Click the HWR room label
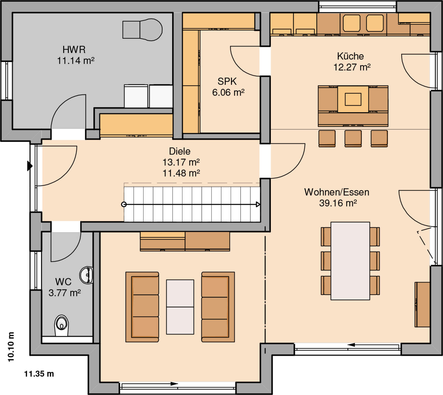pyautogui.click(x=74, y=50)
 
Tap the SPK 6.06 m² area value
pyautogui.click(x=228, y=93)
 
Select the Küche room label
pyautogui.click(x=350, y=56)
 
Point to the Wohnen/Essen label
pyautogui.click(x=337, y=192)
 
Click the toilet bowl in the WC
pyautogui.click(x=61, y=325)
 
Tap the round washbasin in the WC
pyautogui.click(x=86, y=275)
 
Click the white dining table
pyautogui.click(x=350, y=261)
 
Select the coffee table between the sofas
pyautogui.click(x=180, y=307)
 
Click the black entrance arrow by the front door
pyautogui.click(x=30, y=166)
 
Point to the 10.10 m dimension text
pyautogui.click(x=11, y=347)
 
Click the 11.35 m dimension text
pyautogui.click(x=39, y=374)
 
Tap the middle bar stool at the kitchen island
pyautogui.click(x=353, y=138)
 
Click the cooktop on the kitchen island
pyautogui.click(x=353, y=99)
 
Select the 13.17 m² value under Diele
pyautogui.click(x=181, y=162)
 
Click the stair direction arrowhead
pyautogui.click(x=258, y=204)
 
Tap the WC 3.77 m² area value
pyautogui.click(x=65, y=293)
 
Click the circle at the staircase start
pyautogui.click(x=124, y=204)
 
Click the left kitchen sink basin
pyautogui.click(x=352, y=23)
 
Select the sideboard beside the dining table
pyautogui.click(x=422, y=304)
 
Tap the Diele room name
pyautogui.click(x=180, y=151)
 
